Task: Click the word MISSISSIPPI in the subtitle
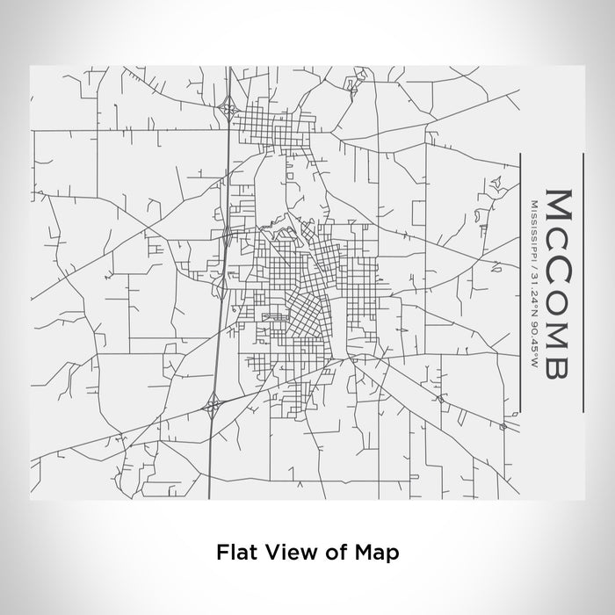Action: click(x=532, y=230)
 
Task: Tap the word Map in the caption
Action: click(x=381, y=553)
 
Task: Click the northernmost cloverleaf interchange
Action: click(x=229, y=111)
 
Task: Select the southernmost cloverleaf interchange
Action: click(x=213, y=405)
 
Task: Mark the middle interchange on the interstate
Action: click(x=227, y=235)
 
